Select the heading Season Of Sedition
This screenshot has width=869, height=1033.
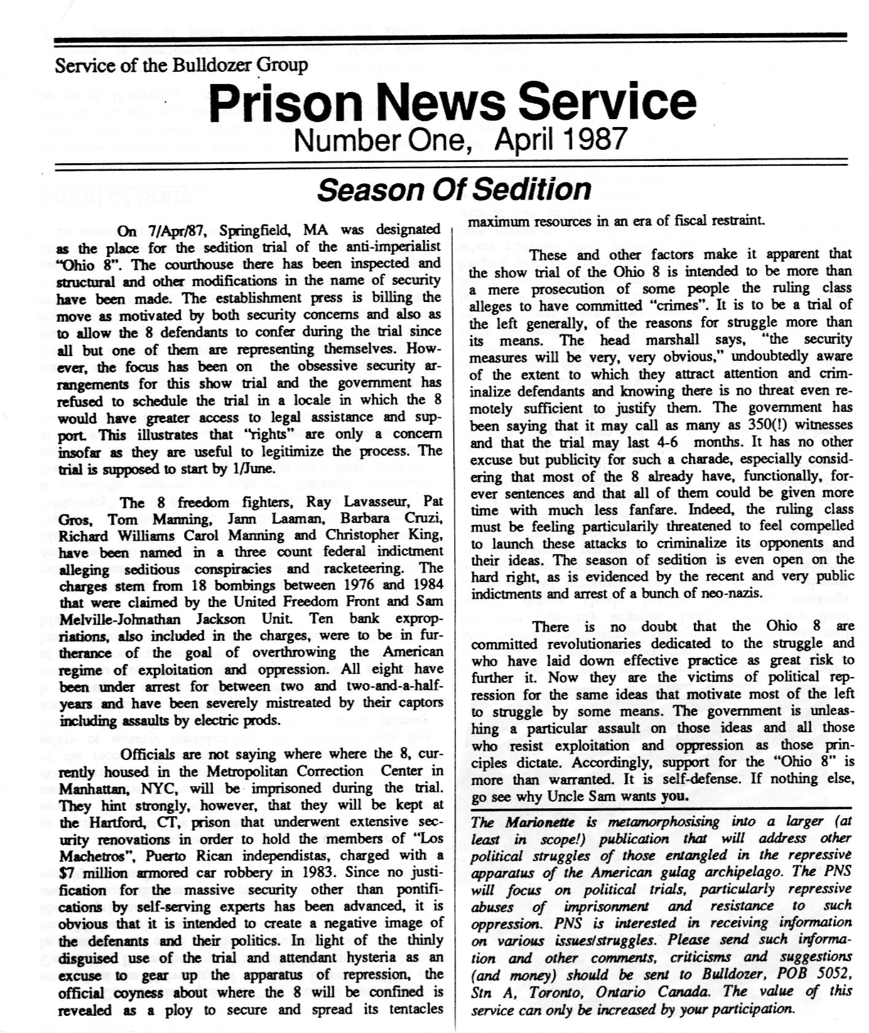454,189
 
